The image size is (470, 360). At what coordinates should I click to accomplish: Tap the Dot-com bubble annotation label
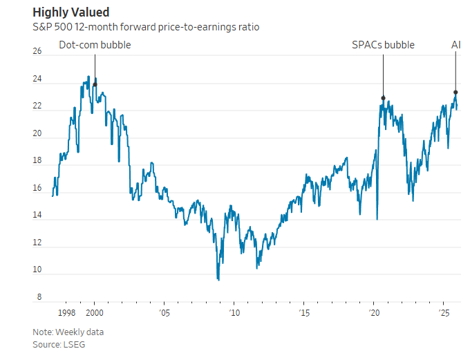coord(95,45)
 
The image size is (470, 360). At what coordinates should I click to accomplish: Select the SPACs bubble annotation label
coord(383,45)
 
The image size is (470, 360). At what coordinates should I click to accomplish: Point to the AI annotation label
coord(455,45)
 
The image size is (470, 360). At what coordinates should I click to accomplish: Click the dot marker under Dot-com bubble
coord(95,84)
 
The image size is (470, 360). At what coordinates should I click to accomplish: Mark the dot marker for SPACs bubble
coord(383,98)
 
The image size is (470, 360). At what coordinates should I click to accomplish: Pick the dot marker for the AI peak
coord(455,92)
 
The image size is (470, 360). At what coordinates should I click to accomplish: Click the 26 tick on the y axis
coord(37,52)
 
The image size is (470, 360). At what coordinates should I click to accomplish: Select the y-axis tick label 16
coord(37,188)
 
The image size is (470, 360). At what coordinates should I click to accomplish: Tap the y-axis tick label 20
coord(37,133)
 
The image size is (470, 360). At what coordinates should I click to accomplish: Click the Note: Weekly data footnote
coord(68,332)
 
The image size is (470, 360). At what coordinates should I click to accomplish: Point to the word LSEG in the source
coord(73,343)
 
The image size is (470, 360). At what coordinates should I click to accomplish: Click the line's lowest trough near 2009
coord(218,279)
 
